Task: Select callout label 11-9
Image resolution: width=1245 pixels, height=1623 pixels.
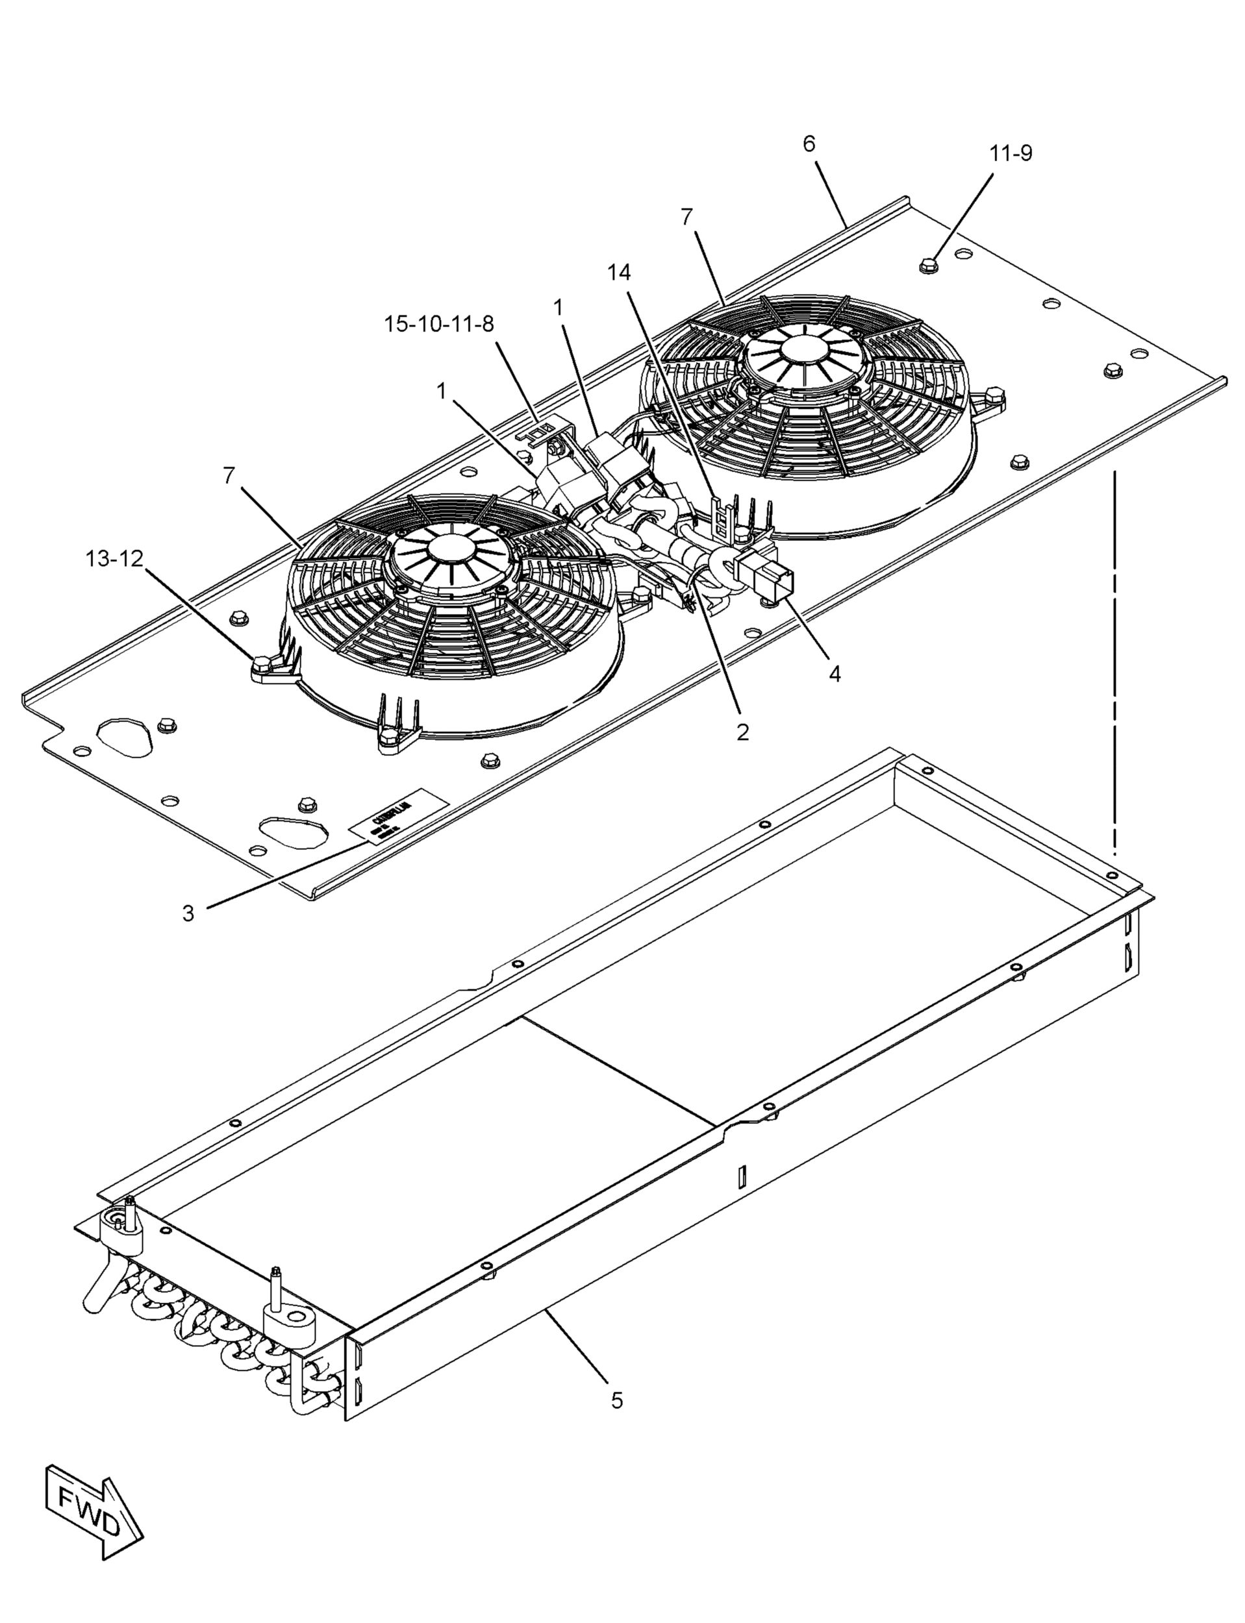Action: click(1011, 153)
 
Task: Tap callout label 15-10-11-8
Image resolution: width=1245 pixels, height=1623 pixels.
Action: click(439, 324)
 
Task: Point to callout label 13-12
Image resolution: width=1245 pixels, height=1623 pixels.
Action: click(114, 559)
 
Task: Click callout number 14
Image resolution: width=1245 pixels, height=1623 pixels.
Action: click(619, 273)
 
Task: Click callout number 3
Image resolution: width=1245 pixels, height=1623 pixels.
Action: click(188, 913)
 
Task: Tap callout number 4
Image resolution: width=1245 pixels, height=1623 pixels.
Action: click(835, 673)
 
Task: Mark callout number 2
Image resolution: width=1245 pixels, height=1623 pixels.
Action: click(742, 732)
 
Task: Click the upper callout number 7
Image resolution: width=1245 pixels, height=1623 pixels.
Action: click(687, 217)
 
